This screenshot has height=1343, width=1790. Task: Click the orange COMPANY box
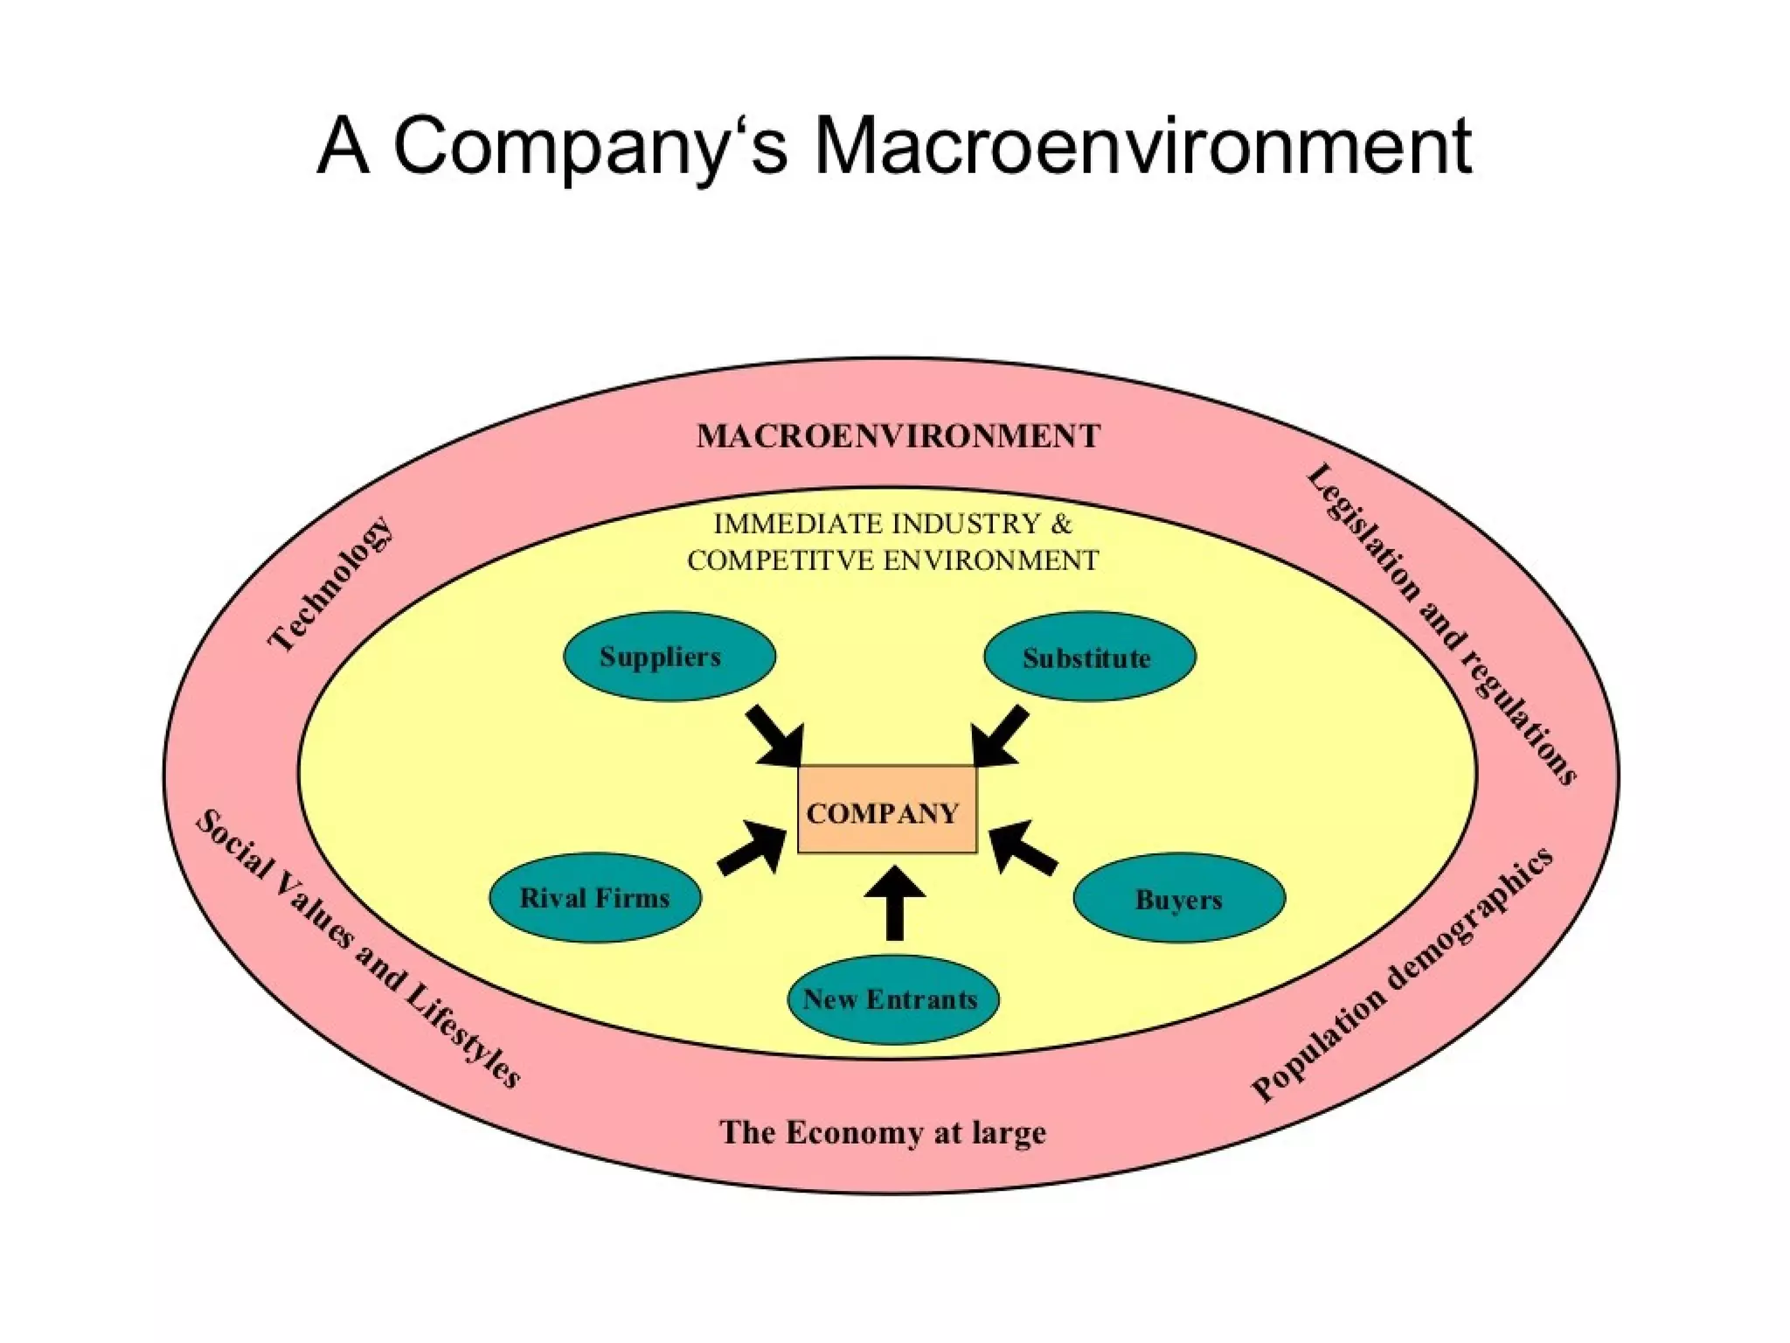point(886,811)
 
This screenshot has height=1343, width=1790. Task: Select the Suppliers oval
point(669,657)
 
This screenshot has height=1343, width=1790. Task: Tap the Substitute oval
point(1089,657)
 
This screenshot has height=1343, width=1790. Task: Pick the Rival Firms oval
point(594,898)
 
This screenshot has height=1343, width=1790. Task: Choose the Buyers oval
point(1178,898)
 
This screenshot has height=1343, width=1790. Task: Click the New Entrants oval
point(892,999)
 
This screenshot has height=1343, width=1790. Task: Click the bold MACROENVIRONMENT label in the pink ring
point(898,436)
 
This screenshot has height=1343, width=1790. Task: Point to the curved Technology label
point(330,584)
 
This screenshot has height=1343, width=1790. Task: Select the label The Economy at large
point(882,1132)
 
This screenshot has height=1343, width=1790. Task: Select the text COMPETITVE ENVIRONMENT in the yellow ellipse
point(892,560)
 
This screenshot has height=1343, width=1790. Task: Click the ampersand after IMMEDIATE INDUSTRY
point(1061,524)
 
